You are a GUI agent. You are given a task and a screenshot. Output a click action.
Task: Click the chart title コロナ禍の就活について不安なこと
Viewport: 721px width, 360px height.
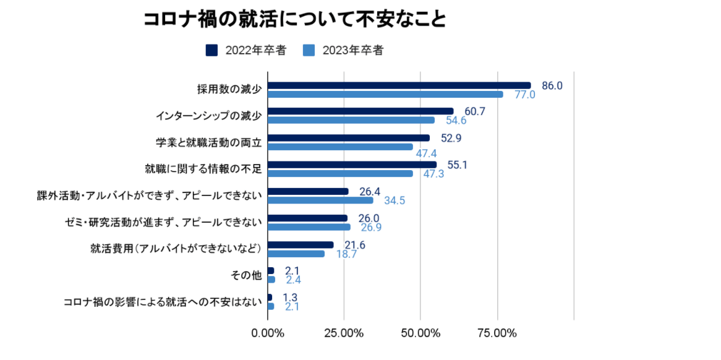coord(295,19)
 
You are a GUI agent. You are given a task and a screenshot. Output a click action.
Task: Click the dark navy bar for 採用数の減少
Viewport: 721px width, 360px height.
coord(399,85)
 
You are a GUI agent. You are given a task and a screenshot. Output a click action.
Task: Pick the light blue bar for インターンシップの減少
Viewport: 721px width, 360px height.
coord(351,120)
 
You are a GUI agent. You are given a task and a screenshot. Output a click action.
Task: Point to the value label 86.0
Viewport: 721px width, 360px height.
coord(552,85)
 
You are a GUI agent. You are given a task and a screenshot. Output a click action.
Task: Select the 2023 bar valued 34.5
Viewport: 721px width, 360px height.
coord(320,200)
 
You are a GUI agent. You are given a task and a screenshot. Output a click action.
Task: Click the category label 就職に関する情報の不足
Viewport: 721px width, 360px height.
coord(204,169)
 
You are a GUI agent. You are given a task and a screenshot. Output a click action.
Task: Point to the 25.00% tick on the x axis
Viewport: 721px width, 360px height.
coord(344,333)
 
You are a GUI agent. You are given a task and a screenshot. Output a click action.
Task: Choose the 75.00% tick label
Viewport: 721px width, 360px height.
coord(497,333)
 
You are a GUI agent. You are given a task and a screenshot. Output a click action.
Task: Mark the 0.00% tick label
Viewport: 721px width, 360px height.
coord(268,333)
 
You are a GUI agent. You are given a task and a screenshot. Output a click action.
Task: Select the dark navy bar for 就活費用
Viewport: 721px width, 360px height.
coord(301,245)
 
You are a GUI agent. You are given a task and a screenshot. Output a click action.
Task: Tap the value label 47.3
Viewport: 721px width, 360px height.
coord(433,174)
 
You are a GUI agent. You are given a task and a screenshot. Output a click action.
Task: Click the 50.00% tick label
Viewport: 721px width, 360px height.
coord(420,333)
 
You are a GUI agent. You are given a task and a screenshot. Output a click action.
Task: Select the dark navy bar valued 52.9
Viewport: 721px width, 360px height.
coord(349,138)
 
